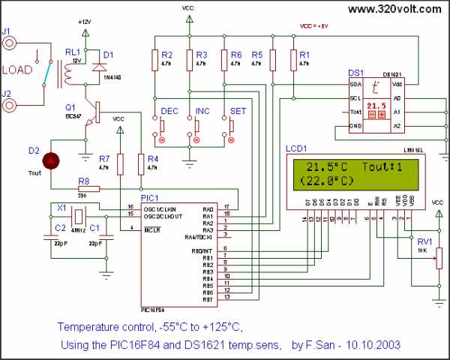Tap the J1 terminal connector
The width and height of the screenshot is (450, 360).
(10, 43)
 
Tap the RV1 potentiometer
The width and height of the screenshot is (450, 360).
(438, 256)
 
